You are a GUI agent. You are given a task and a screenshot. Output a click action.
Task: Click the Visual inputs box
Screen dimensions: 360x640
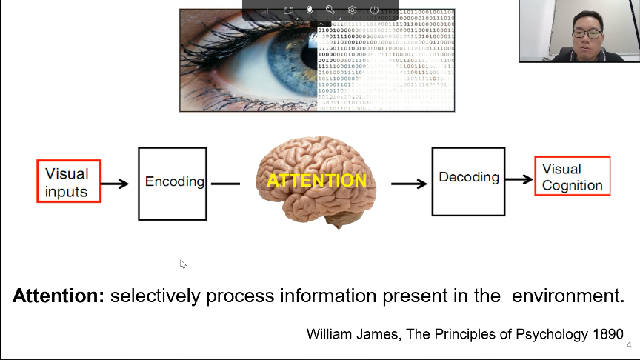pyautogui.click(x=68, y=182)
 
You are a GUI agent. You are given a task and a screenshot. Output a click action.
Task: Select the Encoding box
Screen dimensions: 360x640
pyautogui.click(x=173, y=183)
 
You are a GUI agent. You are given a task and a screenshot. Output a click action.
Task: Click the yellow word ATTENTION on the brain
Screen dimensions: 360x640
pyautogui.click(x=316, y=181)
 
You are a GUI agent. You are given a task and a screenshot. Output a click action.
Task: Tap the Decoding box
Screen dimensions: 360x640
pyautogui.click(x=468, y=178)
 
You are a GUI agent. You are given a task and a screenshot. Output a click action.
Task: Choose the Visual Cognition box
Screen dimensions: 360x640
pyautogui.click(x=572, y=176)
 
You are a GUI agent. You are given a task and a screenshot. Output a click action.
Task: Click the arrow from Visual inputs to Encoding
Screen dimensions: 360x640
pyautogui.click(x=116, y=183)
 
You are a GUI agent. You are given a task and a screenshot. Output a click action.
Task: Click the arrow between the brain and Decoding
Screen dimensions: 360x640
pyautogui.click(x=409, y=183)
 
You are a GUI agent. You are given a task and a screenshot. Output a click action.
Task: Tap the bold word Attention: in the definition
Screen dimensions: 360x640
pyautogui.click(x=59, y=296)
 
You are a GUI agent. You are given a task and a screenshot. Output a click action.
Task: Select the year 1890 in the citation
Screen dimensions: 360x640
pyautogui.click(x=603, y=334)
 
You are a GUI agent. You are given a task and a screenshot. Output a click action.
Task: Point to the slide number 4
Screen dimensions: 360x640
pyautogui.click(x=629, y=346)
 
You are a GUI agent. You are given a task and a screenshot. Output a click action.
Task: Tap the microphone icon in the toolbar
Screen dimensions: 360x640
pyautogui.click(x=310, y=10)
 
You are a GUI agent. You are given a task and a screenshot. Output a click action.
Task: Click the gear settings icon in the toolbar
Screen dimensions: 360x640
pyautogui.click(x=353, y=10)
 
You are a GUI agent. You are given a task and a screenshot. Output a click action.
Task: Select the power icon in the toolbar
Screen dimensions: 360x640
pyautogui.click(x=374, y=10)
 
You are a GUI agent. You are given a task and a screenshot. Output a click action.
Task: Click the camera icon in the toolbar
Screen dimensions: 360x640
pyautogui.click(x=289, y=10)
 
